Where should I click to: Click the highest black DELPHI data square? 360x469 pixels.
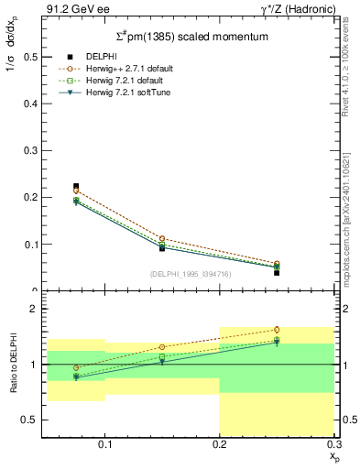[76, 186]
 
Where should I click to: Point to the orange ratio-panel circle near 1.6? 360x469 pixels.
[277, 330]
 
